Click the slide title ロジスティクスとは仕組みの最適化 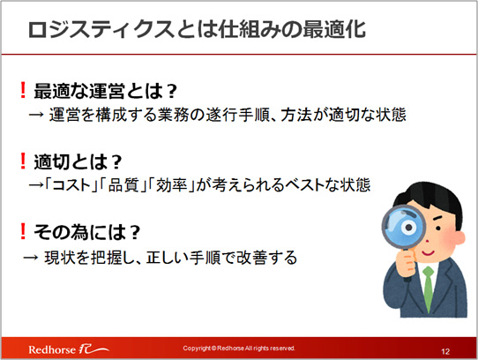point(197,30)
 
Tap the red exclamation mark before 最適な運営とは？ point(23,90)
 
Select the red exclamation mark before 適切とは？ point(23,161)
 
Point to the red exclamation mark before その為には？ point(23,231)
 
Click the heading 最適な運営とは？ point(106,91)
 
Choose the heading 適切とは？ point(78,161)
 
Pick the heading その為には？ point(87,232)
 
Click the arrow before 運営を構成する point(36,115)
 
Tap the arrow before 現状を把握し point(31,258)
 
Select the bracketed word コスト point(71,185)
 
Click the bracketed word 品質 point(123,185)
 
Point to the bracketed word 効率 point(172,185)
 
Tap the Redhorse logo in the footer point(69,349)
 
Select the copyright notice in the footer point(239,349)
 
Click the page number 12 point(445,351)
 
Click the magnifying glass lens point(404,227)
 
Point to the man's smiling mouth point(428,253)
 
